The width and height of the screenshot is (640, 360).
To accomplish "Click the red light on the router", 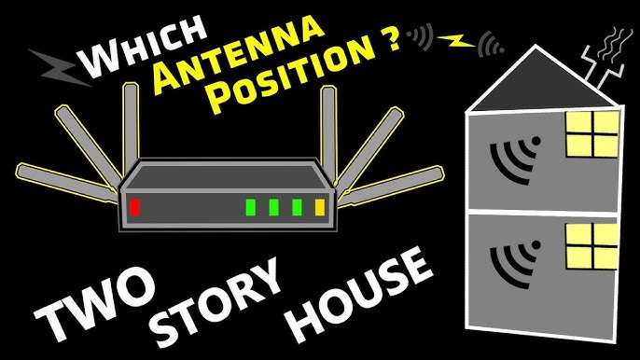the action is point(135,207).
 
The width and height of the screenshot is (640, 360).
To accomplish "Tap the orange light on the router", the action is point(321,208).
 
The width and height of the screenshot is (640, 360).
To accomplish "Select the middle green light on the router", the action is point(273,207).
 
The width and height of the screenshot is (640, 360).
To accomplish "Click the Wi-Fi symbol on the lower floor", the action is point(516,263).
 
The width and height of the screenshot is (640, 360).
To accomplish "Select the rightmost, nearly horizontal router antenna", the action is point(392,183).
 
